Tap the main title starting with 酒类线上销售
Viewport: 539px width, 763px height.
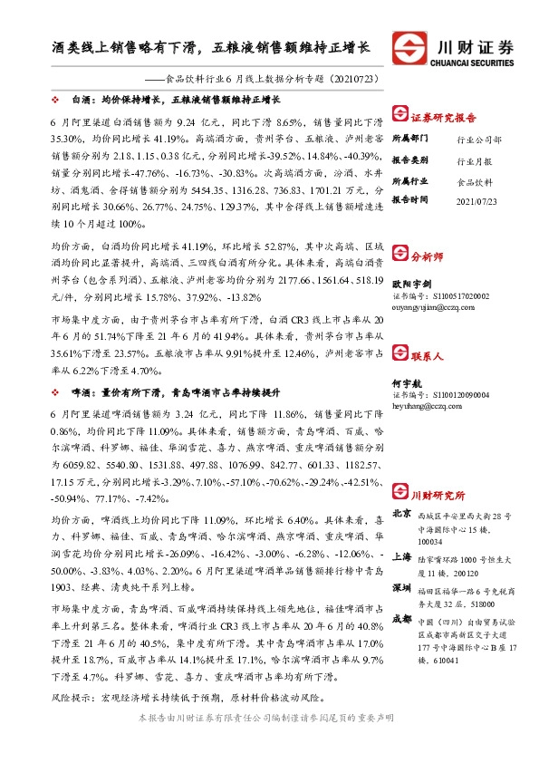(210, 45)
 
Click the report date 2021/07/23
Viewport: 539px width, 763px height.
(476, 200)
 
